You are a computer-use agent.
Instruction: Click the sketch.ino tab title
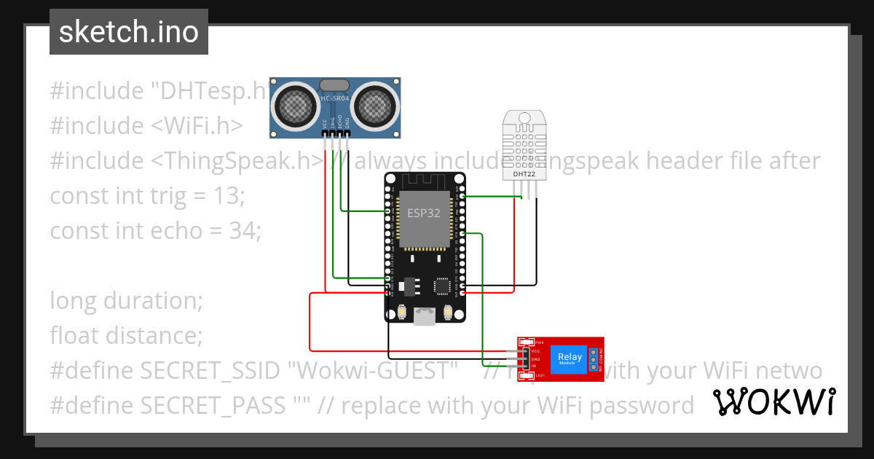(x=128, y=32)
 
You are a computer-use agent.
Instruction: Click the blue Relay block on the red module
(x=570, y=357)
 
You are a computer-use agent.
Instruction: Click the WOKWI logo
(x=773, y=402)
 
